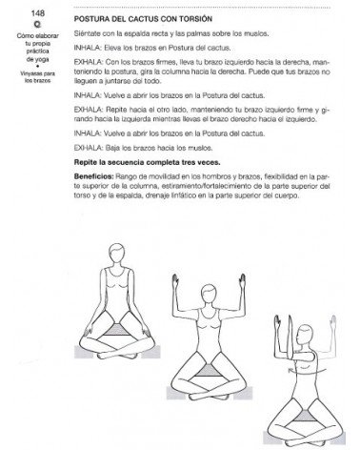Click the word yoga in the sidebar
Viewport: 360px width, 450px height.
pyautogui.click(x=25, y=61)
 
